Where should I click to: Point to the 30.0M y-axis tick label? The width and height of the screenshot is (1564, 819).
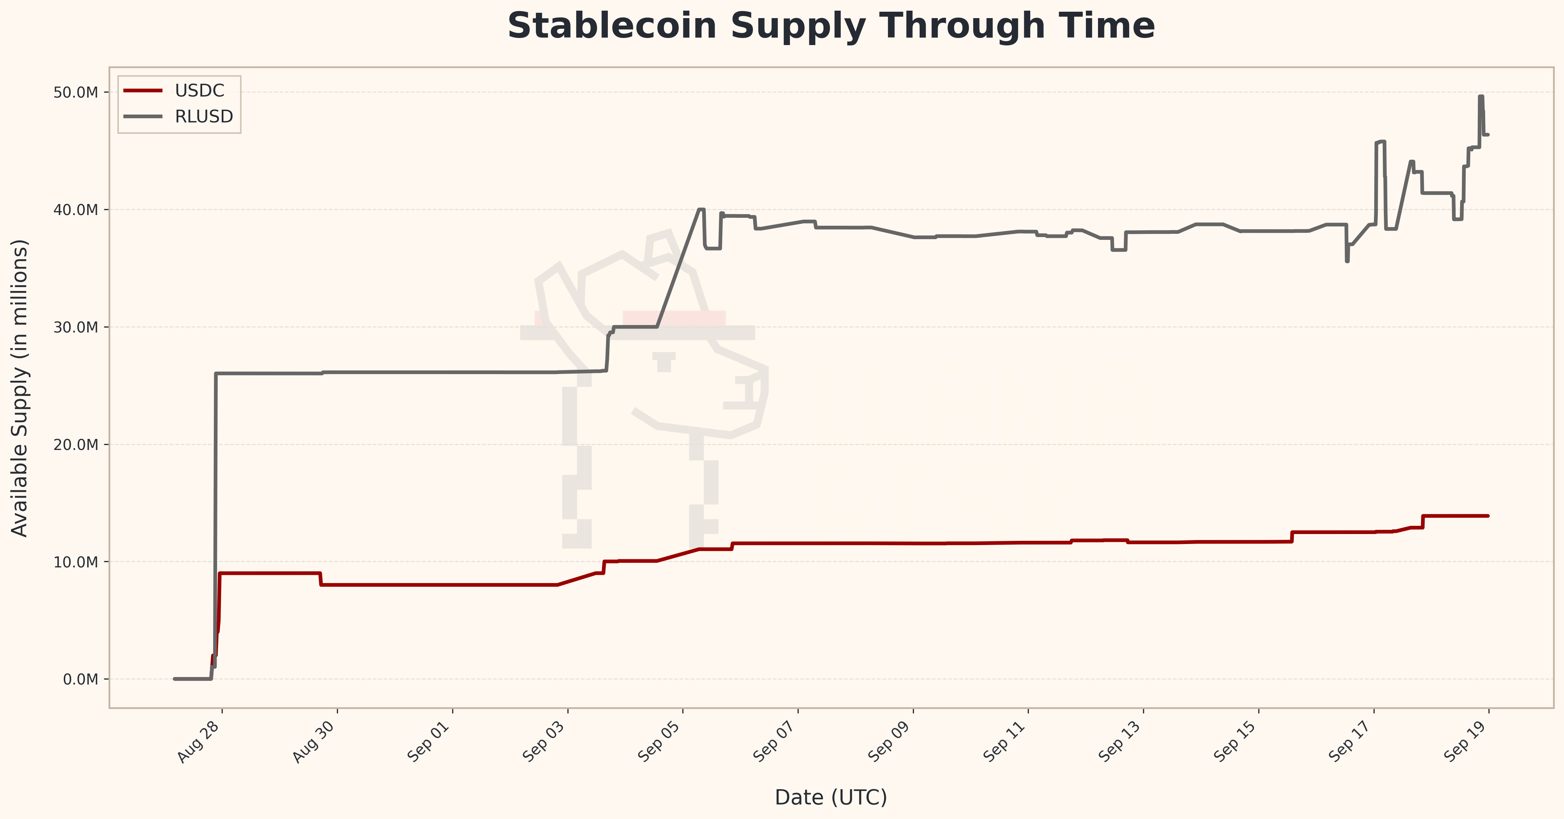[x=76, y=328]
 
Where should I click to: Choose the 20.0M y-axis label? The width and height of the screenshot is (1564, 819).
[x=76, y=445]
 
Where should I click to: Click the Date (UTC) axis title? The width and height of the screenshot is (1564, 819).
[x=831, y=797]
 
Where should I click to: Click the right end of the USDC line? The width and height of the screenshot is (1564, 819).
[x=1487, y=516]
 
